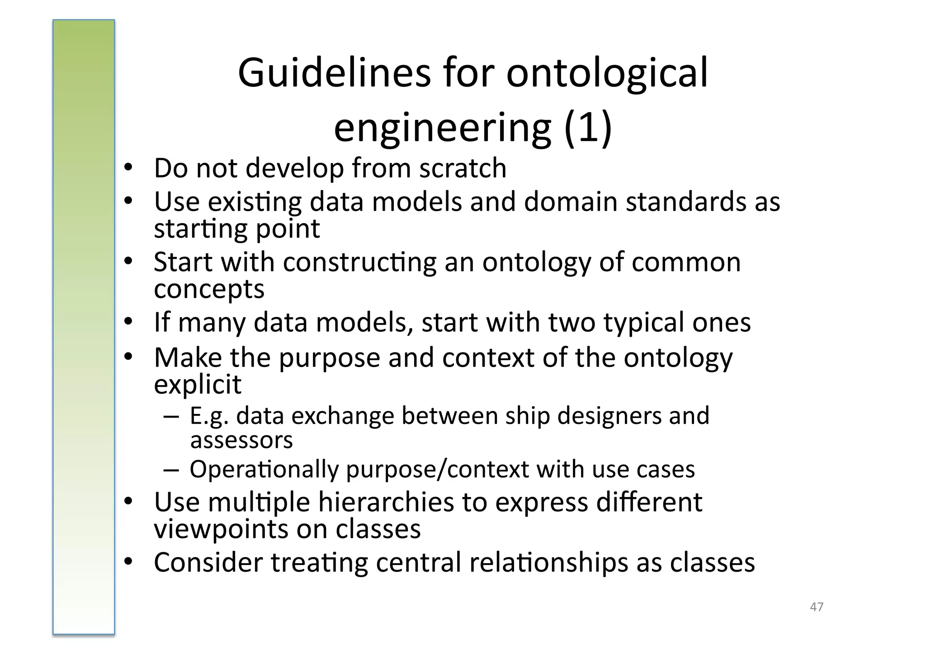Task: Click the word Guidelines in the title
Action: (x=334, y=73)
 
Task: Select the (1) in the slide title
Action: (x=588, y=127)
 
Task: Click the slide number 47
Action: (x=817, y=607)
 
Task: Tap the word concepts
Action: (x=209, y=289)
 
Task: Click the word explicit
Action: (x=198, y=384)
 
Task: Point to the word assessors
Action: (x=241, y=440)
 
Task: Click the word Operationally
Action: (x=264, y=469)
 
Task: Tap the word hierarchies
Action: (x=386, y=502)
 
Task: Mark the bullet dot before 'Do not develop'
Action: (x=128, y=168)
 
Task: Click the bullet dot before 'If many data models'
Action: (x=128, y=322)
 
